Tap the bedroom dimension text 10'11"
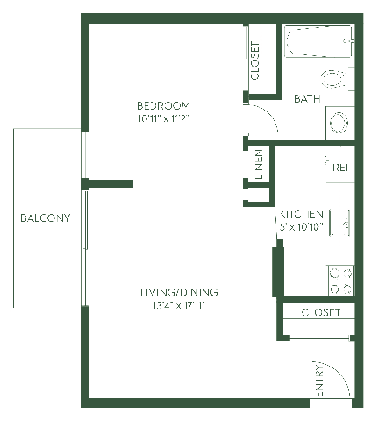point(151,117)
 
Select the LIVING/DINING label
point(179,292)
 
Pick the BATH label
point(306,98)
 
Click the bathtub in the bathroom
point(317,40)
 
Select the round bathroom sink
point(338,121)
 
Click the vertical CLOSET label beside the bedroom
point(255,61)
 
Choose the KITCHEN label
point(303,214)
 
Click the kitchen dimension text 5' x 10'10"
point(303,225)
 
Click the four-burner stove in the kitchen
point(339,280)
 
